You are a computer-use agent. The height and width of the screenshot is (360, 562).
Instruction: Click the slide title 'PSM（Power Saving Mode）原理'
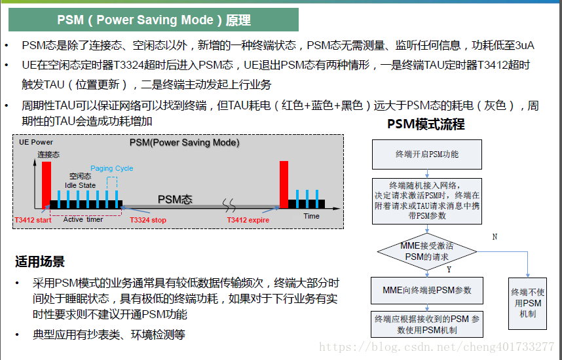point(153,20)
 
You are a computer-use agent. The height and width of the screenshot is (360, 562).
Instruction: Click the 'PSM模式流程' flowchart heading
point(426,124)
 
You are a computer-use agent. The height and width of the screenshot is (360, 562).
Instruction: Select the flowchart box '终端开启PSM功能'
point(426,154)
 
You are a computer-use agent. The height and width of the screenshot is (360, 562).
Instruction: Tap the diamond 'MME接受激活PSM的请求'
point(426,251)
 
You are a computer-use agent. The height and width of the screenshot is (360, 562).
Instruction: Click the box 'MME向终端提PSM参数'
point(426,290)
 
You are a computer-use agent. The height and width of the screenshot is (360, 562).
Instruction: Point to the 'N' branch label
point(494,236)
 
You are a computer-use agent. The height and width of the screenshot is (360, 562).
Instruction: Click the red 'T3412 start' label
point(33,220)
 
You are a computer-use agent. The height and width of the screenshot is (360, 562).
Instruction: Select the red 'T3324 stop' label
point(148,220)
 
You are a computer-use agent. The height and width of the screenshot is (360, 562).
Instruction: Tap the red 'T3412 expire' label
point(248,220)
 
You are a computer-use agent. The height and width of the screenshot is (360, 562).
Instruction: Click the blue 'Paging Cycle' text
point(111,168)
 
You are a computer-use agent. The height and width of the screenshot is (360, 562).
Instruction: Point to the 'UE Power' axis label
point(36,142)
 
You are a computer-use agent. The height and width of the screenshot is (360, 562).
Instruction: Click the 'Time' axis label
point(312,216)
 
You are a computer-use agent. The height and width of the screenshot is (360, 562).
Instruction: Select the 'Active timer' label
point(83,219)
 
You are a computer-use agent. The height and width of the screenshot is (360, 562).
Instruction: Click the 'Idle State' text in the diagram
point(80,185)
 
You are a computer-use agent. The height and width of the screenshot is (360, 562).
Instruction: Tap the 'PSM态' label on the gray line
point(174,200)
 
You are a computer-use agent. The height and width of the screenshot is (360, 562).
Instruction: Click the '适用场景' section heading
point(40,262)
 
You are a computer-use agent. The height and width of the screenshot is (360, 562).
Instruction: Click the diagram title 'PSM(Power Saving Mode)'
point(184,142)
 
